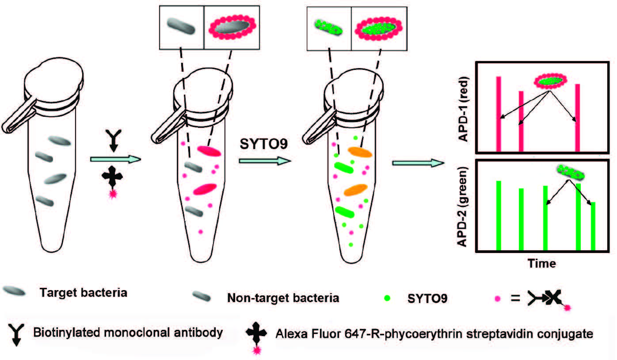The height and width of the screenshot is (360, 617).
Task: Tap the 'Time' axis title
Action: (541, 263)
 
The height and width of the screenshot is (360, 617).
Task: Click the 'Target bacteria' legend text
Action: (83, 292)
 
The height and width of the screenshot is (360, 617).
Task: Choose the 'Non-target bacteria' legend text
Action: (283, 298)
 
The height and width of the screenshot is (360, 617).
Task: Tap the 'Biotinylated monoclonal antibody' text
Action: (127, 332)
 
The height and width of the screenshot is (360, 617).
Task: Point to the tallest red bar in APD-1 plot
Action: (499, 114)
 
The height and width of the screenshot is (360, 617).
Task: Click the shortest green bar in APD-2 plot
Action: (593, 226)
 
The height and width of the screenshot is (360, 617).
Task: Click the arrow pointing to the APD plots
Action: (418, 163)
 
